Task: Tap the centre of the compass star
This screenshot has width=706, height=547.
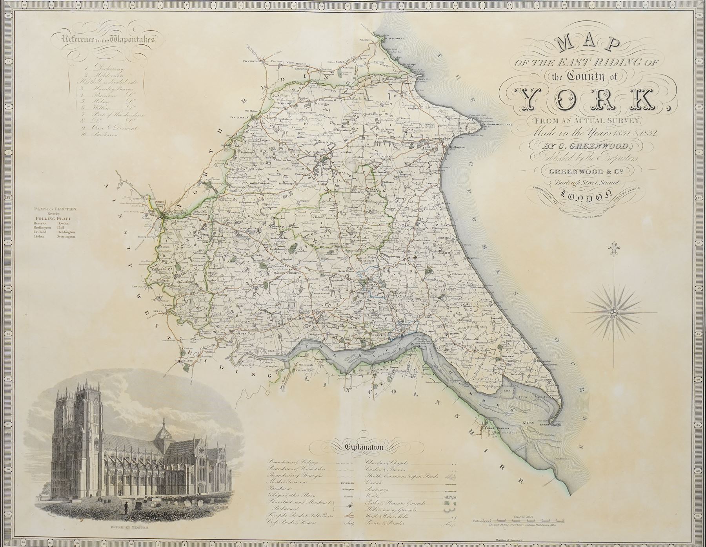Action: tap(614, 313)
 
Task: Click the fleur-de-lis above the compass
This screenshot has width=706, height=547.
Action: tap(614, 250)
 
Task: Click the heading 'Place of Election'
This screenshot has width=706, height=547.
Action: tap(55, 209)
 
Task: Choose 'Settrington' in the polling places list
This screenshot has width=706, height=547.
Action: tap(67, 237)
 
